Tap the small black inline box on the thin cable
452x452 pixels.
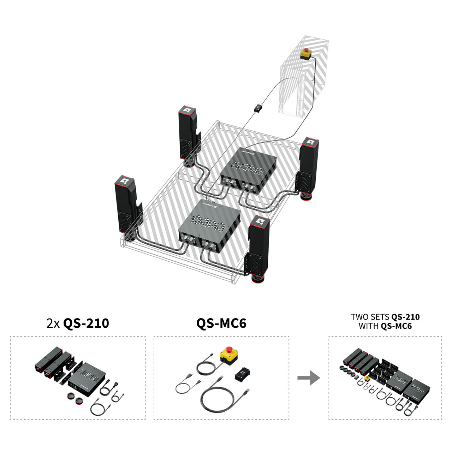tap(258, 108)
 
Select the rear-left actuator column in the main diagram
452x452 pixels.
tap(189, 136)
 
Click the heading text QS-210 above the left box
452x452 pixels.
tap(86, 323)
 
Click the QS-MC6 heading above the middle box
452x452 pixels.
tap(221, 323)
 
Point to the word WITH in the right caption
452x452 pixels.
tap(369, 326)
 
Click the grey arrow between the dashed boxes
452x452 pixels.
tap(309, 377)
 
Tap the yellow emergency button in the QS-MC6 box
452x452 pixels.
tap(229, 356)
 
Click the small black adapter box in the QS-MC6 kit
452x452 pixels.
tap(242, 374)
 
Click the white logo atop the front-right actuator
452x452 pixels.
tap(259, 221)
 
